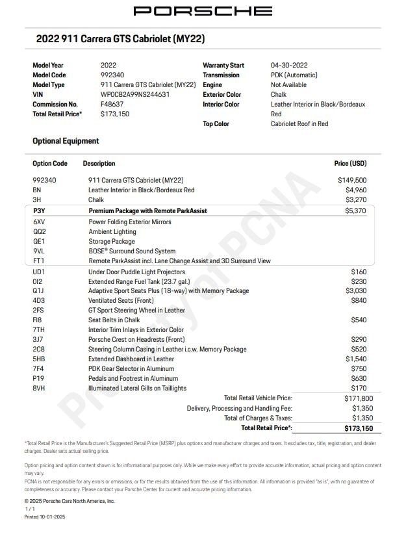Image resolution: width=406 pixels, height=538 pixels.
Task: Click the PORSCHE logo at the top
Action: [x=203, y=11]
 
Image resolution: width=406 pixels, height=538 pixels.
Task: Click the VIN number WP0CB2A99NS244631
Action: [x=135, y=94]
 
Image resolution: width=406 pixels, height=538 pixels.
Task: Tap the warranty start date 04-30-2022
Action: [x=289, y=65]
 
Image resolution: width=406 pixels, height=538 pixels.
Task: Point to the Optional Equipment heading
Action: [x=66, y=141]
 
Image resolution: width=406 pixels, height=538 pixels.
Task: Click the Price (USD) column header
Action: [x=350, y=164]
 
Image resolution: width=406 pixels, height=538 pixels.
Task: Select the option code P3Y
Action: [x=39, y=211]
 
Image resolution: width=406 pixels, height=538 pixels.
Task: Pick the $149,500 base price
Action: [x=352, y=180]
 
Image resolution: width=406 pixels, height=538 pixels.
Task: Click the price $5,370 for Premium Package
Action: [x=355, y=211]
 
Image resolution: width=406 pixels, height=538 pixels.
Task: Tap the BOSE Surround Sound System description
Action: [x=132, y=251]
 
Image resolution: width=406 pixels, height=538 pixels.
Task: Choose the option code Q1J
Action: [x=39, y=290]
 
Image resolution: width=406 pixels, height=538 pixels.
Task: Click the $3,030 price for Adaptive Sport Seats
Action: [x=355, y=290]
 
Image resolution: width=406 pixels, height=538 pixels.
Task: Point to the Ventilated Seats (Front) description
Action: [x=121, y=300]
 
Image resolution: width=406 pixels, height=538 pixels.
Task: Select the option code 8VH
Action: [x=39, y=388]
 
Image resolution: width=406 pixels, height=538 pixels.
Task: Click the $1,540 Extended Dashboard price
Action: [x=355, y=359]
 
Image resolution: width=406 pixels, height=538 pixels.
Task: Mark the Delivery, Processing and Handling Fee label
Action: [x=240, y=408]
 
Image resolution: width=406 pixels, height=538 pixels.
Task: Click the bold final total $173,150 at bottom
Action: [x=359, y=428]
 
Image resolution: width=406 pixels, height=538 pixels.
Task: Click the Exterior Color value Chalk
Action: [x=278, y=94]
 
